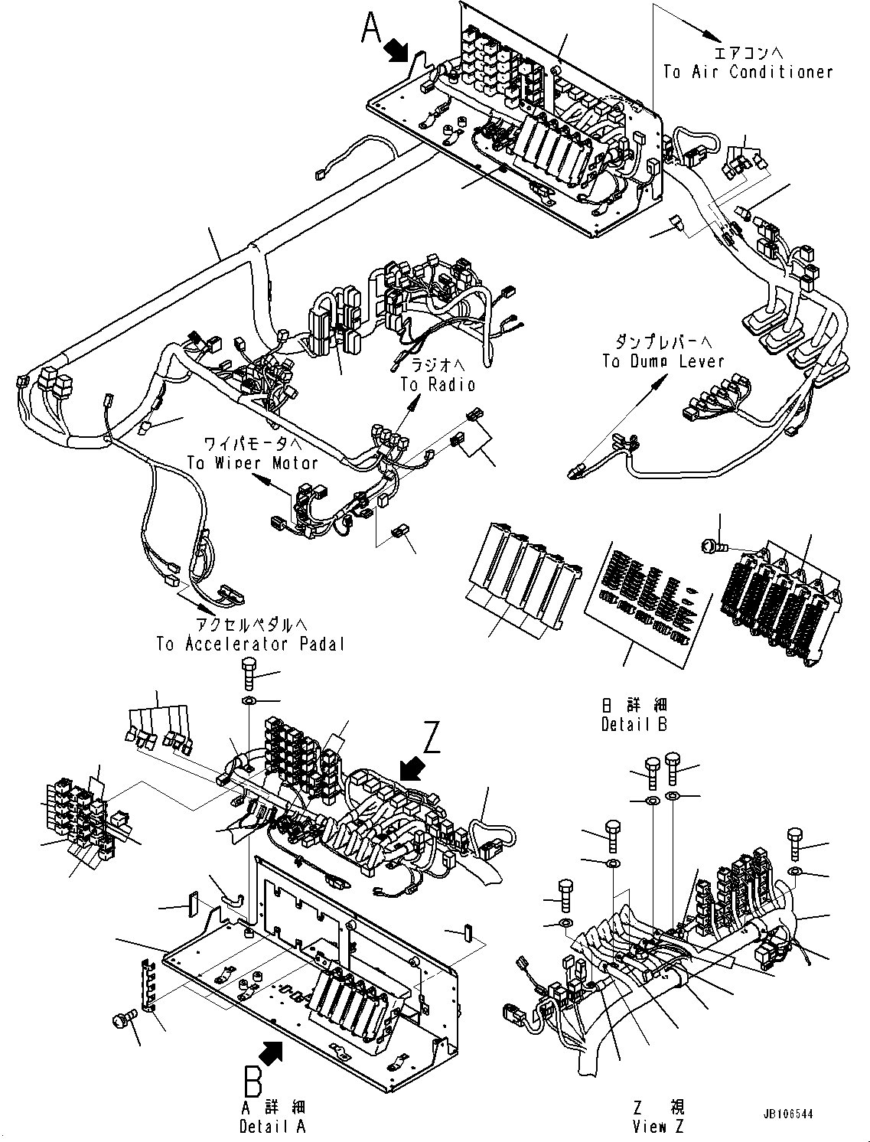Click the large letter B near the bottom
(x=253, y=1082)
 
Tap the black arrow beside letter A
(x=397, y=51)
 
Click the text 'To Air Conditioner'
(x=747, y=72)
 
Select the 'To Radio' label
(x=438, y=384)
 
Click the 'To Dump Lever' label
(x=663, y=361)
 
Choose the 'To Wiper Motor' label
(x=252, y=462)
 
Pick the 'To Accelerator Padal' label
(x=250, y=644)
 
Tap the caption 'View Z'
(x=658, y=1126)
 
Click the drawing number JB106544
(x=786, y=1114)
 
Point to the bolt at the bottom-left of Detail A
(x=122, y=1018)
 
